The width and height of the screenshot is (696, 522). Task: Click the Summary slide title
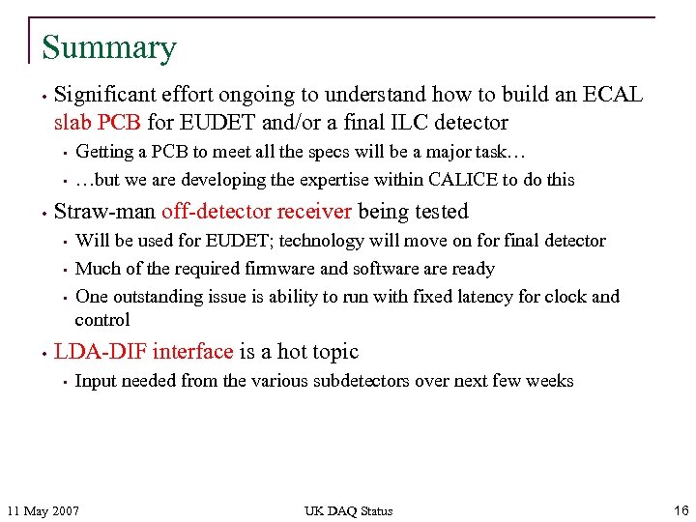109,46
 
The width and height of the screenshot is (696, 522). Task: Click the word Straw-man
105,212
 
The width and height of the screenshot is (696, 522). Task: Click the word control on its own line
101,320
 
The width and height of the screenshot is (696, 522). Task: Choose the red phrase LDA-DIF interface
144,352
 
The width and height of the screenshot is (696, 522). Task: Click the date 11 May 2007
43,510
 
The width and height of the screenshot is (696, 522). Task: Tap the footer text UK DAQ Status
348,510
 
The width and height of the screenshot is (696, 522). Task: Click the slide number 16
679,509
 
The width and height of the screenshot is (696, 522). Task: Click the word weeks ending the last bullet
548,381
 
